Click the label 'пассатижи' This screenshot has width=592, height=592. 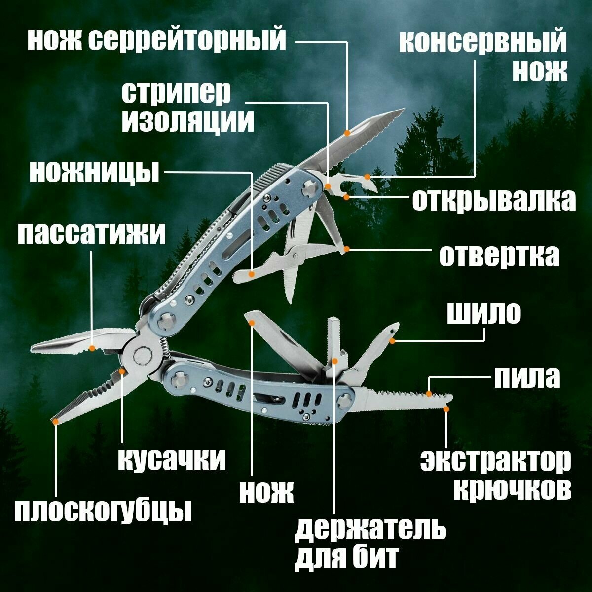92,234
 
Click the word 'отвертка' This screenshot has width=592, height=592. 499,256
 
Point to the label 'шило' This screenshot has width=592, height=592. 483,313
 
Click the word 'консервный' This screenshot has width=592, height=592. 483,43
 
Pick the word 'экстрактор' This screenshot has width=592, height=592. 495,461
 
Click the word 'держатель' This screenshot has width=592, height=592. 370,530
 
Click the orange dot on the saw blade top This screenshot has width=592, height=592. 429,394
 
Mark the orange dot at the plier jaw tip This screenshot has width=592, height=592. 56,421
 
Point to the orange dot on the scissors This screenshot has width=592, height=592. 252,273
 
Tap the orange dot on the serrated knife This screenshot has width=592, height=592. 348,133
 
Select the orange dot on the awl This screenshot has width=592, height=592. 392,340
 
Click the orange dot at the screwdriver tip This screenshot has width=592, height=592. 347,249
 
